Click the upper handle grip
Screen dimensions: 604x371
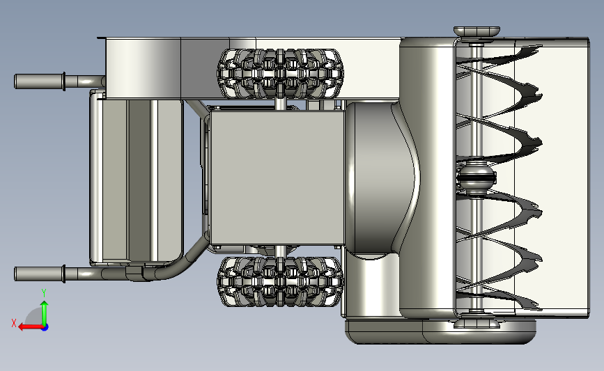tap(38, 81)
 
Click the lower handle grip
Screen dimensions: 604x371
tap(38, 274)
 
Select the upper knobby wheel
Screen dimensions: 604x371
tap(281, 74)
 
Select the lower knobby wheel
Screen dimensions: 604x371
tap(281, 281)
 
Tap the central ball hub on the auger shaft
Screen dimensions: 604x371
tap(476, 177)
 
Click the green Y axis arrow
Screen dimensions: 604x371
tap(45, 313)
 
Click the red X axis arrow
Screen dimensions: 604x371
tap(31, 327)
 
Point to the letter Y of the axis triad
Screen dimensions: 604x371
tap(44, 294)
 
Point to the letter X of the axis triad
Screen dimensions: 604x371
tap(14, 323)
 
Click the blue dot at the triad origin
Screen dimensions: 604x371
tap(45, 328)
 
